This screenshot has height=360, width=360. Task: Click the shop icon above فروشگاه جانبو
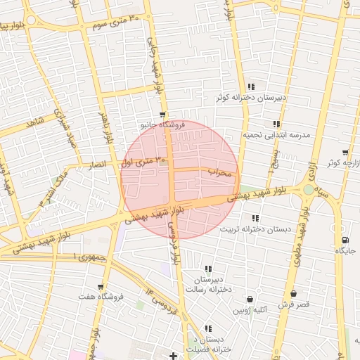click(162, 114)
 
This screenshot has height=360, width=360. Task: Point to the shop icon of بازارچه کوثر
click(345, 153)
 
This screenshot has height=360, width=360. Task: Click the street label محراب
click(220, 171)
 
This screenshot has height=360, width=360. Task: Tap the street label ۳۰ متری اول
click(138, 162)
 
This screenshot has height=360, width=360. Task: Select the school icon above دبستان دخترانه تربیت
click(255, 218)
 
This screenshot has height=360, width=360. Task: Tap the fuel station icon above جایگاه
click(344, 239)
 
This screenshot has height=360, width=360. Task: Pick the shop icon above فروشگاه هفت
click(101, 287)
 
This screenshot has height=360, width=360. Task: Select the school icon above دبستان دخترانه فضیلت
click(208, 328)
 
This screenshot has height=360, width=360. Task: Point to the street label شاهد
click(34, 123)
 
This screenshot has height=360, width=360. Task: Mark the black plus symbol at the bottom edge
click(173, 355)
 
